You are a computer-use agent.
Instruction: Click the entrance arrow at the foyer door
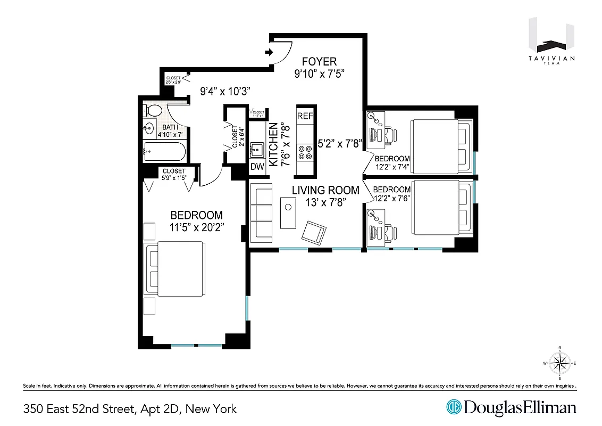[269, 52]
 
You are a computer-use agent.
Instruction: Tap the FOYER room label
[319, 62]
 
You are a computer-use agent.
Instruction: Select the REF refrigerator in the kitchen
[305, 116]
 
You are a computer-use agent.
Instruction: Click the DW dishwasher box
[257, 167]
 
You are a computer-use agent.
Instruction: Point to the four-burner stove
[305, 153]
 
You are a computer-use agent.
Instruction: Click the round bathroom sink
[148, 128]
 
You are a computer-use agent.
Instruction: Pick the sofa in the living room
[261, 211]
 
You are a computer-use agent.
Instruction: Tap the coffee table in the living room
[288, 212]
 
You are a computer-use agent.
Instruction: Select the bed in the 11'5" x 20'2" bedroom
[174, 270]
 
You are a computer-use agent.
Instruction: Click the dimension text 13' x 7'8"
[326, 202]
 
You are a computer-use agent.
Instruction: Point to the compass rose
[559, 363]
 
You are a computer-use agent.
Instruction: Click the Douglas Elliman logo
[511, 408]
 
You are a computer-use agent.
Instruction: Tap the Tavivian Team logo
[551, 43]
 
